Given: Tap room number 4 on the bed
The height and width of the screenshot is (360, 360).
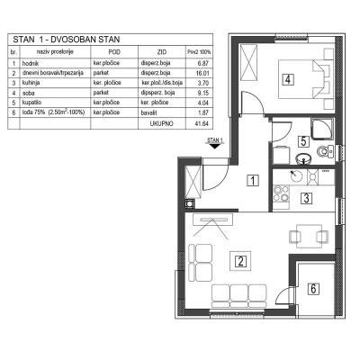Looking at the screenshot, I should [287, 79].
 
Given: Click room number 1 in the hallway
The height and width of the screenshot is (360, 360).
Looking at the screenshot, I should [254, 180].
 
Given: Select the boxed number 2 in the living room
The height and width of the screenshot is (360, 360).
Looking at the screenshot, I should [240, 263].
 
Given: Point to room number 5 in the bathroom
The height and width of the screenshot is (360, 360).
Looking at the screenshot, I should [304, 141].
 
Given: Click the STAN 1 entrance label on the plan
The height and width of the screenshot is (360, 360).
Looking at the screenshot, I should [214, 141].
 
